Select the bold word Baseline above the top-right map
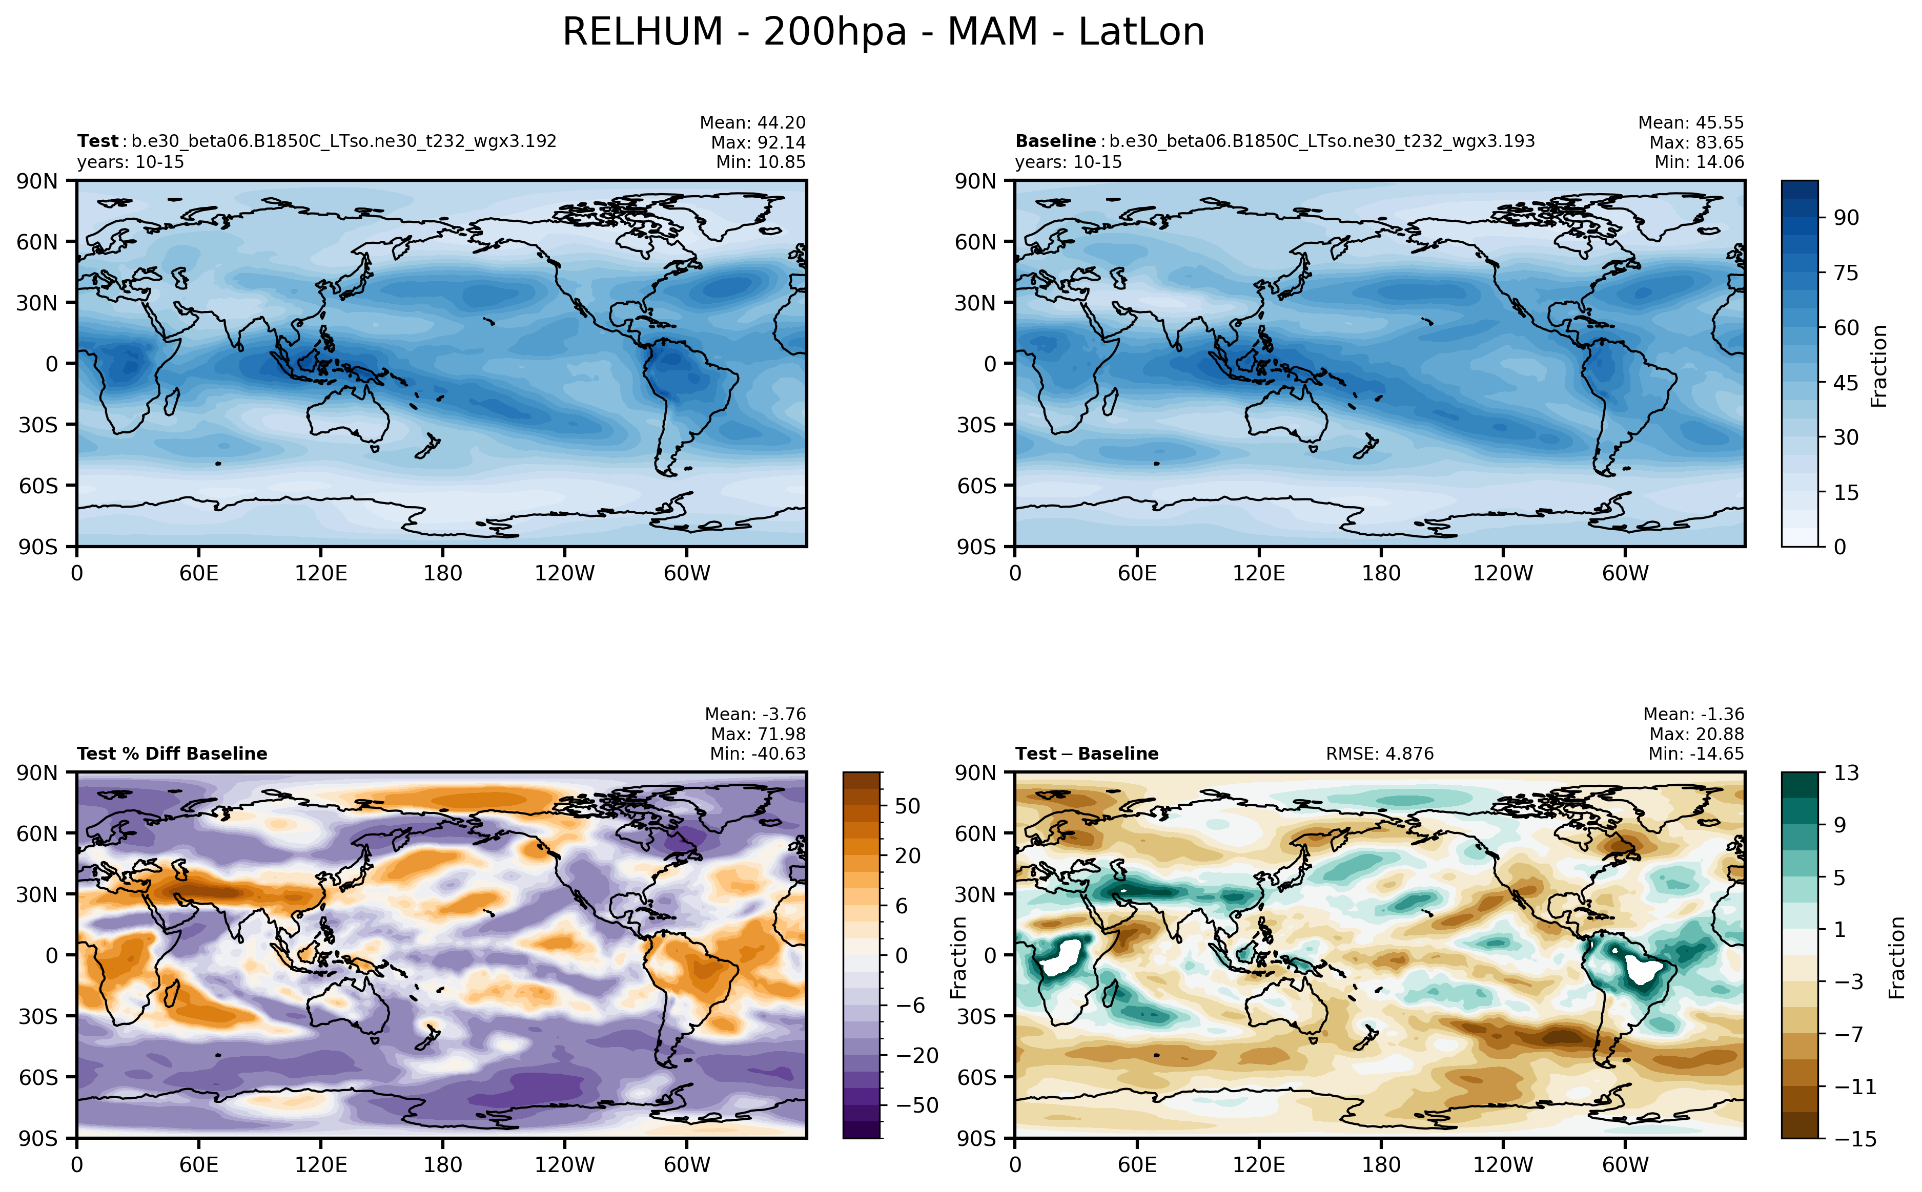click(x=1054, y=141)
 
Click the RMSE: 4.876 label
click(x=1379, y=754)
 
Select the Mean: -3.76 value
click(x=755, y=714)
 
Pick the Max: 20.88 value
click(x=1695, y=734)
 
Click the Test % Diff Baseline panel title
click(x=172, y=754)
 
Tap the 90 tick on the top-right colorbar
click(x=1846, y=218)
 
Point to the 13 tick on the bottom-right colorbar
click(x=1846, y=772)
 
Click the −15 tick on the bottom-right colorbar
click(x=1849, y=1138)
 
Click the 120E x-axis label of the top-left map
click(x=320, y=573)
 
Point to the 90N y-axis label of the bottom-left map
click(x=38, y=772)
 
